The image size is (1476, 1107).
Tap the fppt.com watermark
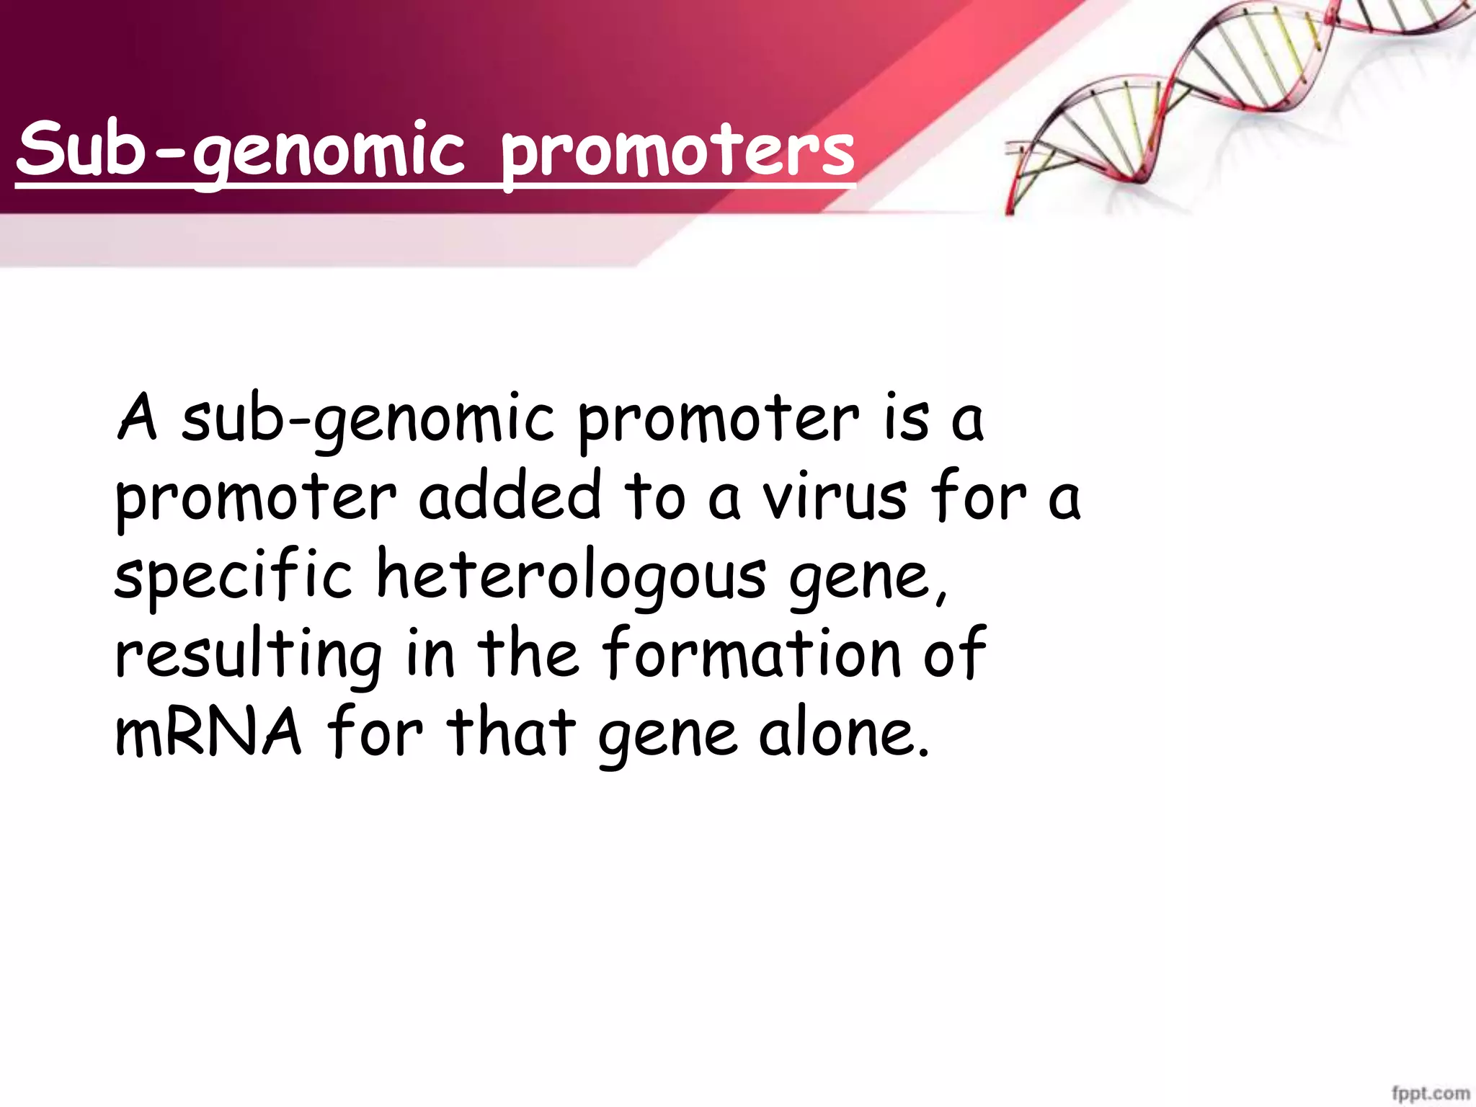[x=1430, y=1093]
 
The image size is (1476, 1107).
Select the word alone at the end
[x=843, y=732]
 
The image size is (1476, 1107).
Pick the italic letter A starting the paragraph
[x=137, y=418]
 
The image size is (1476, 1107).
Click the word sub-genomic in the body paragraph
[x=368, y=421]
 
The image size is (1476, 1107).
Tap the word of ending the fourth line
[x=954, y=653]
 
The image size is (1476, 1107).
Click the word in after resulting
[x=430, y=653]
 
